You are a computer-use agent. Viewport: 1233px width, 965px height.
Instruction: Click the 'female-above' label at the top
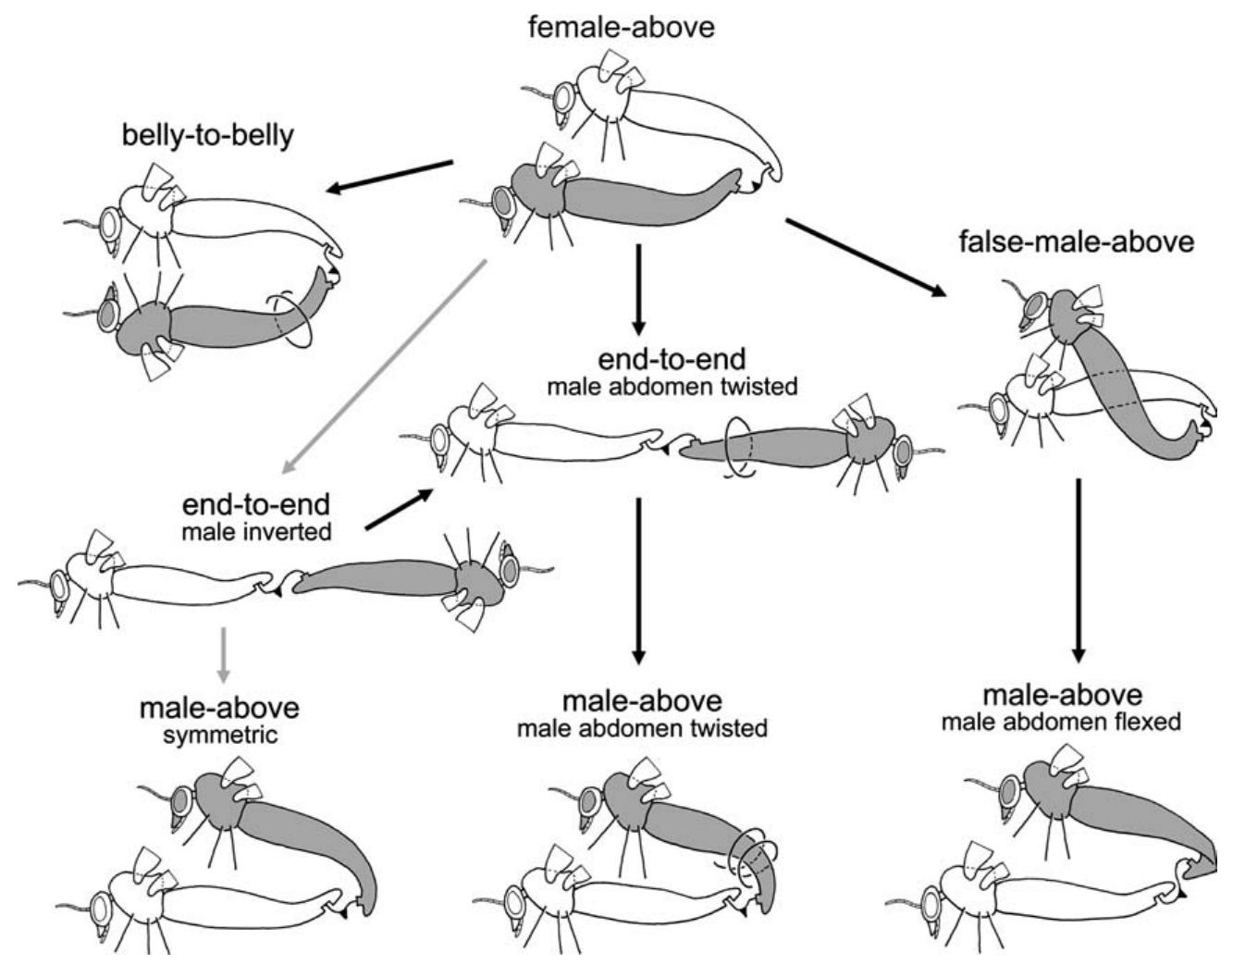pyautogui.click(x=621, y=26)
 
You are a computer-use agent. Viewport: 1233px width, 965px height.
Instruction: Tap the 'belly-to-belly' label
pyautogui.click(x=208, y=136)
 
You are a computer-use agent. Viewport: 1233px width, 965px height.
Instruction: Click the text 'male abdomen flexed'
pyautogui.click(x=1062, y=721)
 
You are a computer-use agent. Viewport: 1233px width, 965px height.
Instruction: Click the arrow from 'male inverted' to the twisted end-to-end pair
pyautogui.click(x=399, y=510)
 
